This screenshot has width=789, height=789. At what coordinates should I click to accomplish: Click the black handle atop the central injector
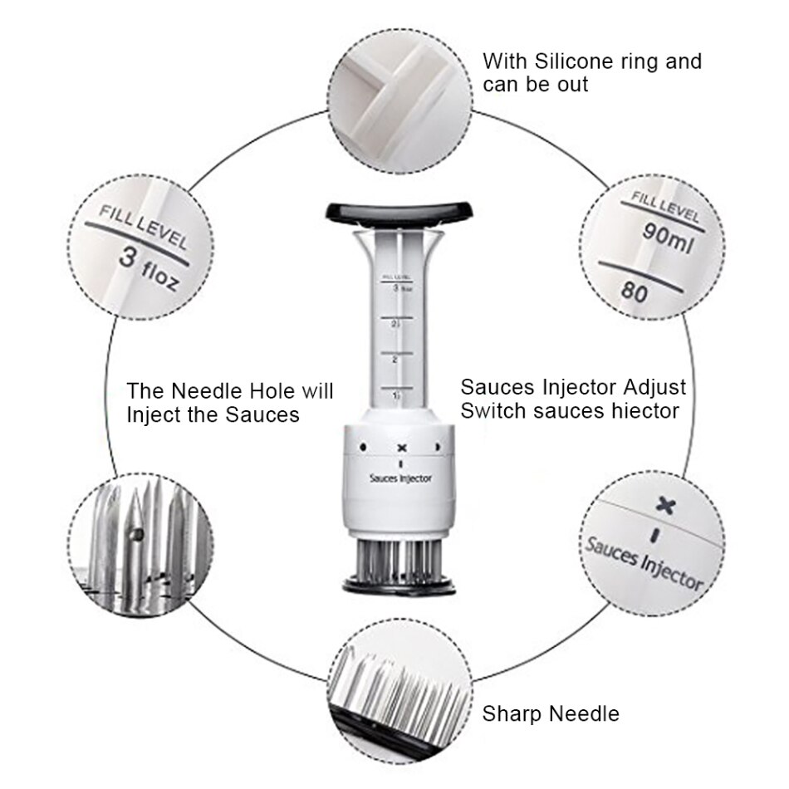pyautogui.click(x=393, y=210)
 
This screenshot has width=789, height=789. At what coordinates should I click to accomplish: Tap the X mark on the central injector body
pyautogui.click(x=401, y=448)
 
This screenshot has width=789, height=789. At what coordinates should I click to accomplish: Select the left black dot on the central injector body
pyautogui.click(x=362, y=448)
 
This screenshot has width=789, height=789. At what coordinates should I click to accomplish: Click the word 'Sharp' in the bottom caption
pyautogui.click(x=512, y=713)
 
